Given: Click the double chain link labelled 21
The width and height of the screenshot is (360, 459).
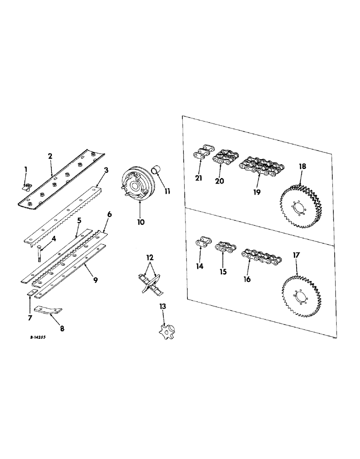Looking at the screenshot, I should [202, 154].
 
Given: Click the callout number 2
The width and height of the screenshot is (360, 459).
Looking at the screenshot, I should [50, 156].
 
